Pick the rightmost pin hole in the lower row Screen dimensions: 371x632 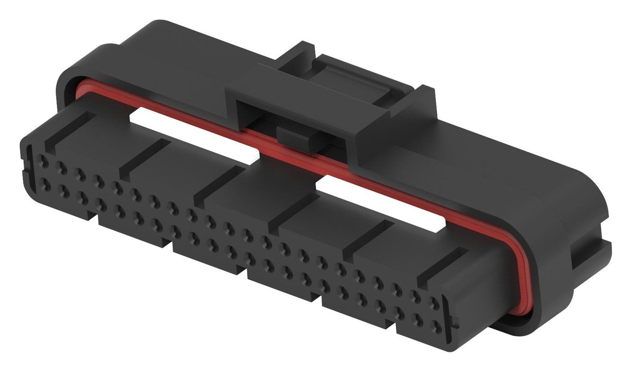pos(436,326)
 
